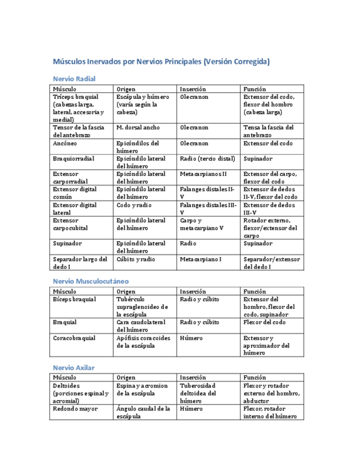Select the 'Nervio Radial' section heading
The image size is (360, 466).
[74, 79]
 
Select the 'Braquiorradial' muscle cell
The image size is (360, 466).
[74, 159]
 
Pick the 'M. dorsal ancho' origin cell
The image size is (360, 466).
[138, 127]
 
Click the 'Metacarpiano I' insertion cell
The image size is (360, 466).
[201, 259]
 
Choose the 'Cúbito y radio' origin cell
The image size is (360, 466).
[135, 259]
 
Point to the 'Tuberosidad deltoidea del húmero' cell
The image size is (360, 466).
[198, 393]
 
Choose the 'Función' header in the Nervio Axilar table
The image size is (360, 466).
[254, 378]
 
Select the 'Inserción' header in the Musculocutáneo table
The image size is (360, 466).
[193, 291]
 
